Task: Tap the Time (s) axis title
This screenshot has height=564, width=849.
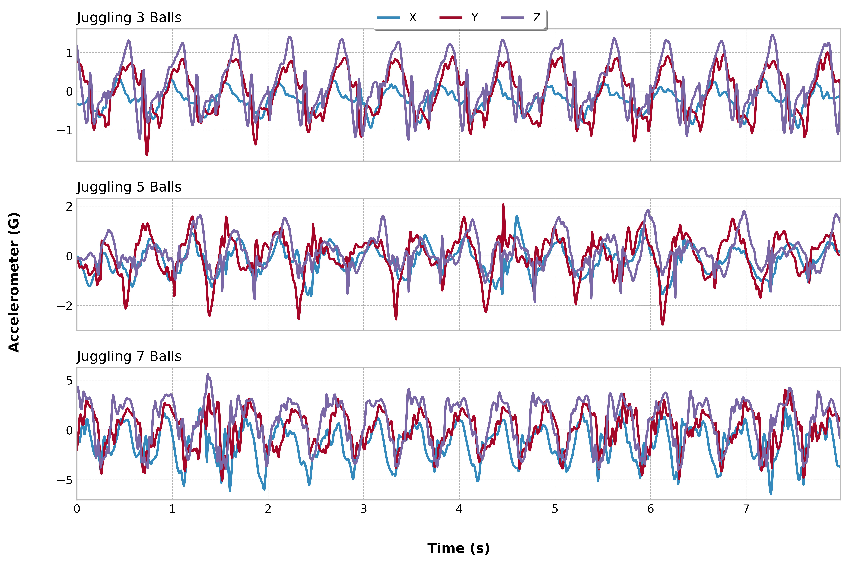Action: click(459, 548)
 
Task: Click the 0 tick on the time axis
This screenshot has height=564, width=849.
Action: click(77, 509)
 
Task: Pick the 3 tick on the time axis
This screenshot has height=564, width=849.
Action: click(364, 509)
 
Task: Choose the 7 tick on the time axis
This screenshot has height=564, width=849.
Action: click(746, 509)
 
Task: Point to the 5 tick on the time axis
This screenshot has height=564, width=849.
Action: click(555, 509)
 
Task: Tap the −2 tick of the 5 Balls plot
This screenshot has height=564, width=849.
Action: click(65, 306)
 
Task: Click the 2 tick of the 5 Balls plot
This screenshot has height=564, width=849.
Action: click(69, 206)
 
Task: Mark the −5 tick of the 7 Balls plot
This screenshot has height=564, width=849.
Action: click(65, 480)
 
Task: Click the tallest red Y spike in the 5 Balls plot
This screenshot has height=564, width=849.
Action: click(503, 205)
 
